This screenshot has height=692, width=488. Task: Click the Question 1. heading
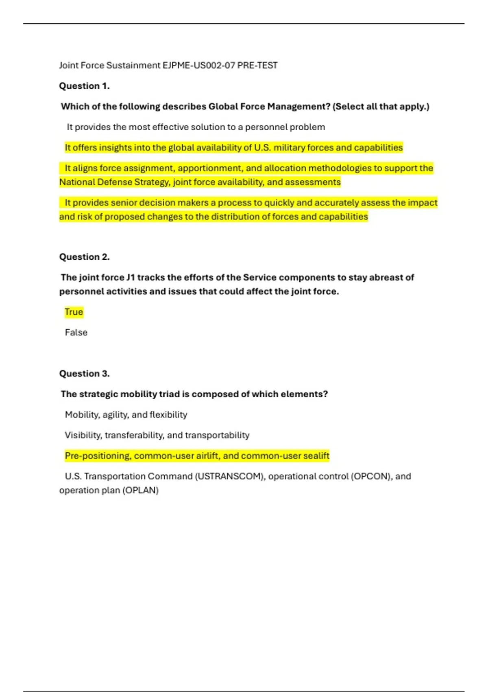coord(84,86)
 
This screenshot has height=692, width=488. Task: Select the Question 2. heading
coord(84,257)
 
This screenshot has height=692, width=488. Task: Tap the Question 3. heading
coord(84,374)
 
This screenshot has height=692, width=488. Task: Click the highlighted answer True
coord(74,312)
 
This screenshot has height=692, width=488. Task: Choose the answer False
coord(76,333)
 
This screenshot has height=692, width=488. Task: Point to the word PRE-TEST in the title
coord(257,65)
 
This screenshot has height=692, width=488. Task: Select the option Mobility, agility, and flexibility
coord(126,415)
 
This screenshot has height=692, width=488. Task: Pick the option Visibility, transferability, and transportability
coord(157,435)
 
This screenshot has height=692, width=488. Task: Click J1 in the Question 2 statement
coord(130,278)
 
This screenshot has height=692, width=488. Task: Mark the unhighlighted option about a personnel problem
coord(196,127)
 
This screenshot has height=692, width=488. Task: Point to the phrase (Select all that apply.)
coord(381,107)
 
